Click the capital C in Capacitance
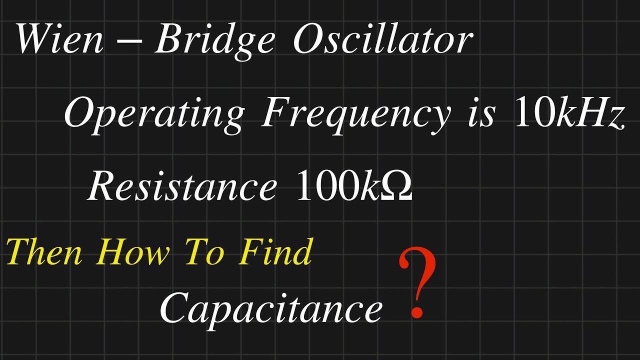(176, 307)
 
